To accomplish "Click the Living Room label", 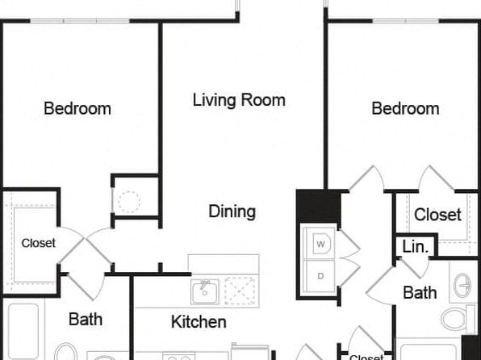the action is pos(239,100).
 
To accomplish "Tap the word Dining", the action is pos(232,211).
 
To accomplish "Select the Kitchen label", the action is pos(199,321).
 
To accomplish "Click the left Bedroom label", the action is pos(77,108).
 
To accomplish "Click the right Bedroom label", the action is pos(405,108).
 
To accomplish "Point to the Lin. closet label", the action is pos(415,246).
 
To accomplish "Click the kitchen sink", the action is pos(205,291).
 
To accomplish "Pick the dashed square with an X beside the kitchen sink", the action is pos(240,291).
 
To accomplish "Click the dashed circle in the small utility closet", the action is pos(129,202).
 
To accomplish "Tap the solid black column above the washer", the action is pos(319,207).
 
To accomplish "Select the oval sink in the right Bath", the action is pos(462,286).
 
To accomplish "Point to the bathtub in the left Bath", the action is pos(23,331).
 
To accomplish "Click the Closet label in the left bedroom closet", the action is pos(39,243).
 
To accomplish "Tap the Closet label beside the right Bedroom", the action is pos(437,215).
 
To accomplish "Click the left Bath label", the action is pos(86,319).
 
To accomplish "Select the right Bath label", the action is pos(420,292).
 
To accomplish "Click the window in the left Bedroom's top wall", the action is pos(80,21).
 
